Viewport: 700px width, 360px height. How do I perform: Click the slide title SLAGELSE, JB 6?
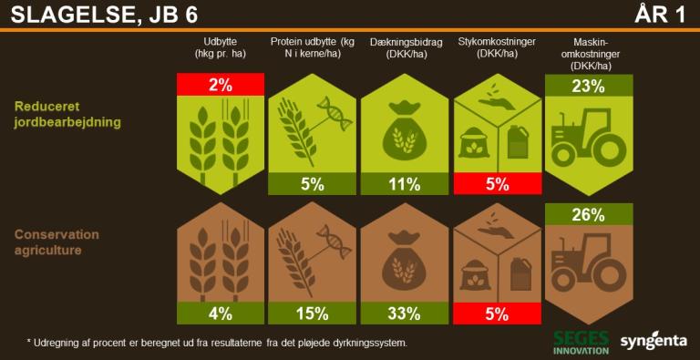(x=105, y=15)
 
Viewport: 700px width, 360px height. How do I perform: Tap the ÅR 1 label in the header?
(x=660, y=15)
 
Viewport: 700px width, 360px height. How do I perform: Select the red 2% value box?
(x=221, y=85)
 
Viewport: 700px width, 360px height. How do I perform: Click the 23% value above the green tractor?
(x=589, y=85)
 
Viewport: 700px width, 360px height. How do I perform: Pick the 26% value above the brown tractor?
(x=589, y=214)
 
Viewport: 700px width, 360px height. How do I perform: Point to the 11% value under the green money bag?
(x=405, y=184)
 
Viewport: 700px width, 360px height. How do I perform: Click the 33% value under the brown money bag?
(x=405, y=314)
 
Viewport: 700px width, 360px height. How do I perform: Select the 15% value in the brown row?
(x=312, y=314)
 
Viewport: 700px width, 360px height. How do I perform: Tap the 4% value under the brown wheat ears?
(x=221, y=314)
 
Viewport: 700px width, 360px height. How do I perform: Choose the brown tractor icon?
(x=589, y=267)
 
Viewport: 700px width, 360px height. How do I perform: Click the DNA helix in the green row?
(x=335, y=113)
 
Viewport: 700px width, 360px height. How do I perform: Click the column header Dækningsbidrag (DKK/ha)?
(x=406, y=47)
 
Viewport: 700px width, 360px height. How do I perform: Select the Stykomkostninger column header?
(x=497, y=47)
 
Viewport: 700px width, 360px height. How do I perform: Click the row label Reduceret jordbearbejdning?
(x=67, y=114)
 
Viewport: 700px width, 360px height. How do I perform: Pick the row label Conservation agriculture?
(x=57, y=242)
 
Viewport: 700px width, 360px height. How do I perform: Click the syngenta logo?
(x=654, y=341)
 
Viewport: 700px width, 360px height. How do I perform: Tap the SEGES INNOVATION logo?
(x=581, y=342)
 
